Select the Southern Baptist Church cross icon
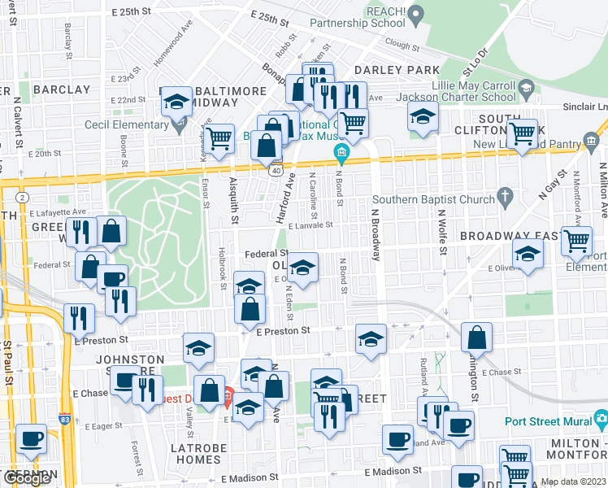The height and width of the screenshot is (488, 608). click(x=505, y=197)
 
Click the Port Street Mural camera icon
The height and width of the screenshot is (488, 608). click(x=601, y=420)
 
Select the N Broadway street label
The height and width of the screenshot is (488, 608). click(x=376, y=230)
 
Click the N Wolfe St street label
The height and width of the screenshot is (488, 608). click(x=443, y=233)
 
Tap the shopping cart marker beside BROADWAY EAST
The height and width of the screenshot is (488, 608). click(x=575, y=241)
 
